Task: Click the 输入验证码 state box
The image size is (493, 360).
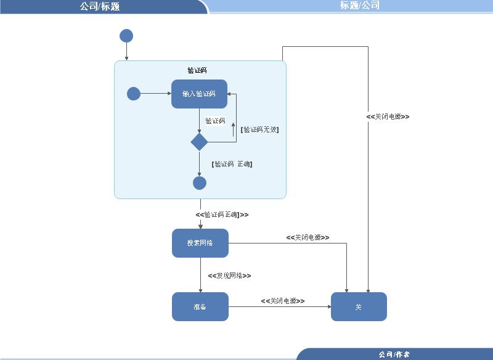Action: [x=199, y=94]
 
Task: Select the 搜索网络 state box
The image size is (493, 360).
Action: [x=200, y=243]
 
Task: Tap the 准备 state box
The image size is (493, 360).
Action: [x=200, y=306]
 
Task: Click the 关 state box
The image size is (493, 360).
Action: [x=359, y=306]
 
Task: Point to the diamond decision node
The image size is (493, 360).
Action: [x=200, y=142]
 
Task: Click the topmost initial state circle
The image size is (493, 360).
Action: [x=126, y=36]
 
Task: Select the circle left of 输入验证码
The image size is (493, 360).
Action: [x=134, y=94]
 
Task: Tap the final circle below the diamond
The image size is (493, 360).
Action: [x=200, y=183]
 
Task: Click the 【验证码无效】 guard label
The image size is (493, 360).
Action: [x=259, y=129]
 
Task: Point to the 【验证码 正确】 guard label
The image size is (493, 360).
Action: [x=232, y=164]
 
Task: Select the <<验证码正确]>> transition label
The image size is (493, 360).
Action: [x=222, y=215]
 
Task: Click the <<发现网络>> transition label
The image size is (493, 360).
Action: [x=229, y=276]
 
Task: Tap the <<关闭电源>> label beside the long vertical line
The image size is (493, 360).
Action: [x=388, y=117]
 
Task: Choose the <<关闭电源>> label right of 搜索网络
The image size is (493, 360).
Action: [x=308, y=237]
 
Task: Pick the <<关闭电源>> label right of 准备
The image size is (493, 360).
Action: [x=282, y=301]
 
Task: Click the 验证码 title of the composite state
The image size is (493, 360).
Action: [x=197, y=70]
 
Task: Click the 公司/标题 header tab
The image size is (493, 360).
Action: [x=100, y=7]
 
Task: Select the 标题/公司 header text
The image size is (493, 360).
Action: [x=360, y=6]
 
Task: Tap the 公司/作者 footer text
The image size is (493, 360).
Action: [x=394, y=354]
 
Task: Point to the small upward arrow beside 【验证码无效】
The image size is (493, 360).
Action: [x=233, y=128]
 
